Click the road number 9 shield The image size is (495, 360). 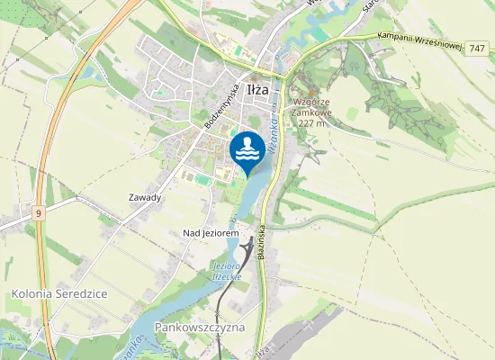[x=39, y=213]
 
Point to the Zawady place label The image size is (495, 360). [x=144, y=197]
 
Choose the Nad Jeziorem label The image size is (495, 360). [x=211, y=232]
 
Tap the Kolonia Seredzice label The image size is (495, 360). [x=59, y=294]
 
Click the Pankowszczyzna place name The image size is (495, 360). [x=200, y=327]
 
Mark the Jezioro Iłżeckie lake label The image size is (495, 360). [x=227, y=272]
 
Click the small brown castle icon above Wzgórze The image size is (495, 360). [x=311, y=91]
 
